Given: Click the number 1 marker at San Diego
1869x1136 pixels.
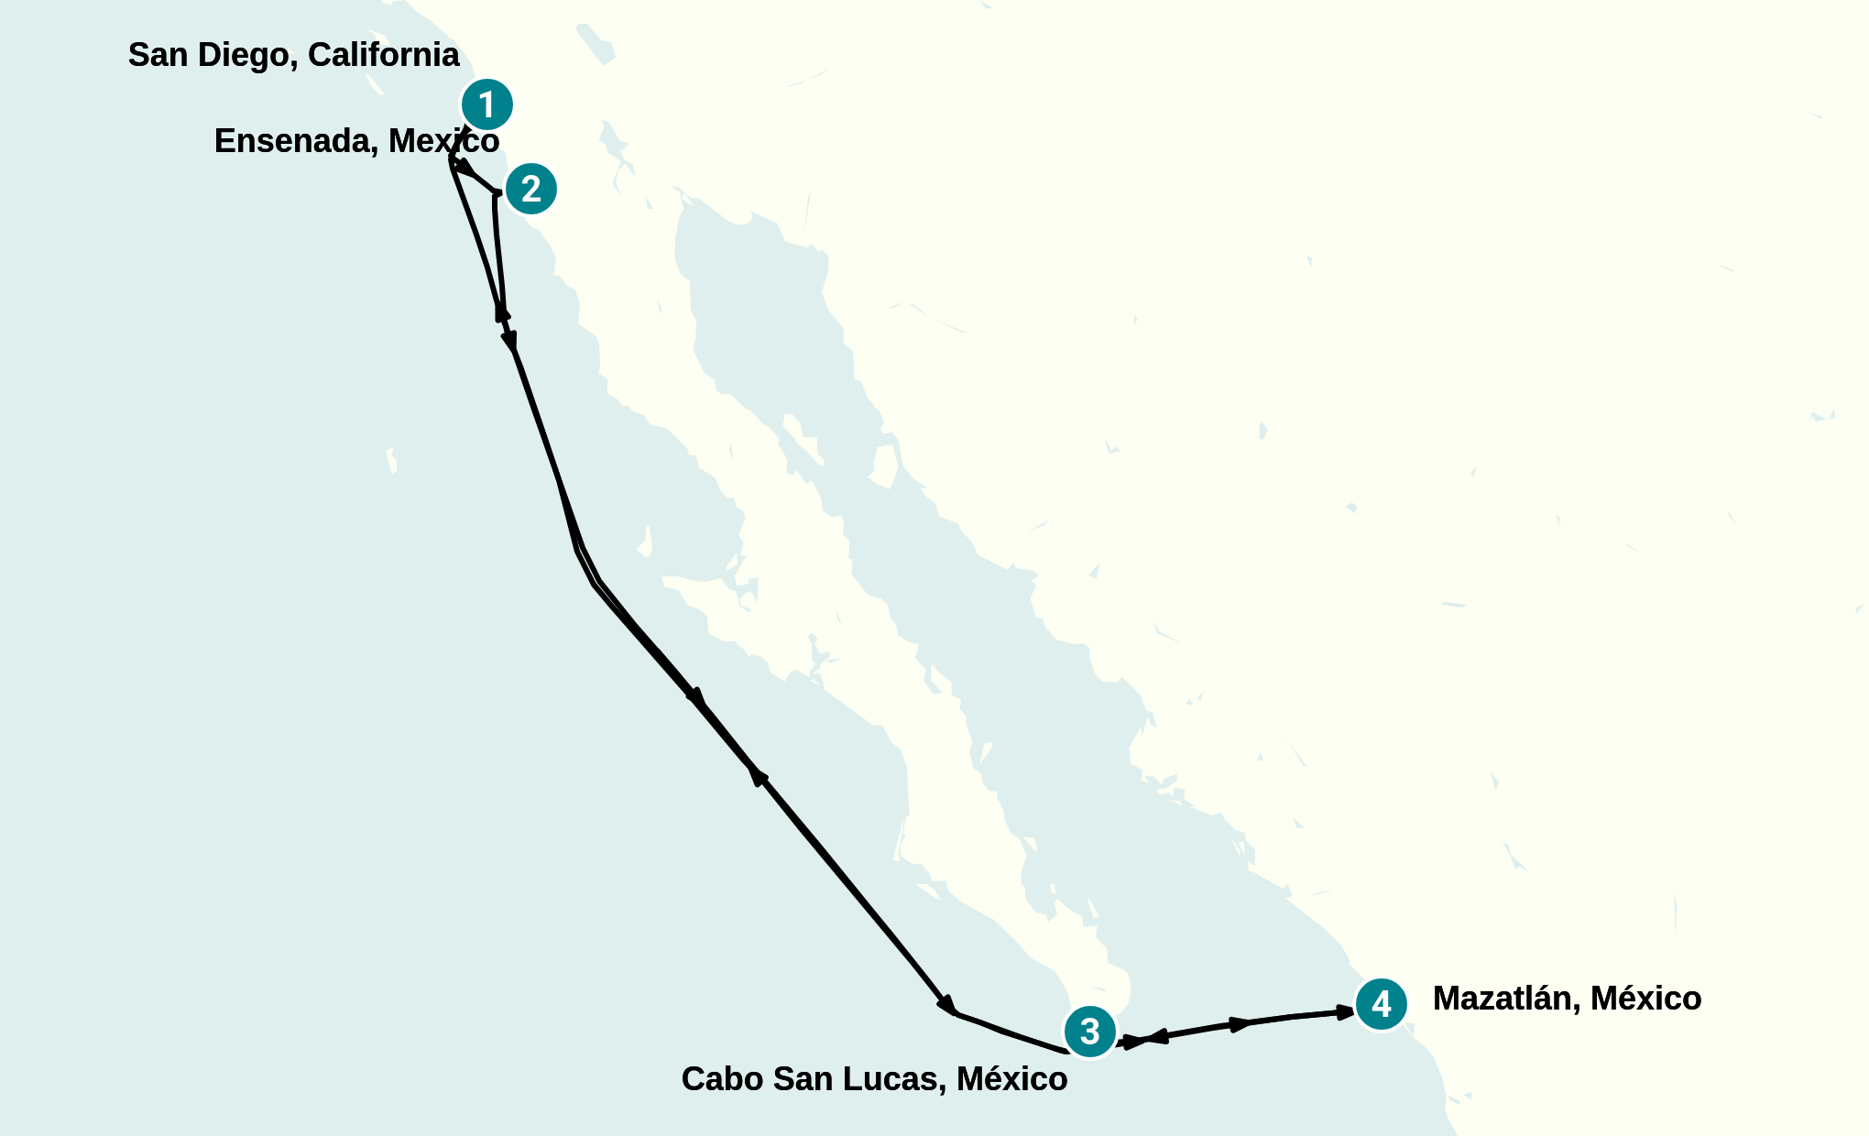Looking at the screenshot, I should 486,104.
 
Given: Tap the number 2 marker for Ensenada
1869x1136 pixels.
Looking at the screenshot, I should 530,189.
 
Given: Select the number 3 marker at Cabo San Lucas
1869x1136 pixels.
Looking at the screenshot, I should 1089,1032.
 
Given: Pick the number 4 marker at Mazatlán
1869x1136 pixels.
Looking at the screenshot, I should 1381,1004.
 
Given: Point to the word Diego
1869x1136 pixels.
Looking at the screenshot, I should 247,55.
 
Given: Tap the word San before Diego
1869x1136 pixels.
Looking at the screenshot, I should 158,55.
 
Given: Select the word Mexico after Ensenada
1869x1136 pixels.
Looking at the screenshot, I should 443,141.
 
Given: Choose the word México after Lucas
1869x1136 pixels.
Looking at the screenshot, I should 1011,1079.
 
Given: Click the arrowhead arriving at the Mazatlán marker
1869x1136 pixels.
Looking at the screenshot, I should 1345,1012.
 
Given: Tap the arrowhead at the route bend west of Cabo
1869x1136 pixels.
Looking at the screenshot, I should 946,1005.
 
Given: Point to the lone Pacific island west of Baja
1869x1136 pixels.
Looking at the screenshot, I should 391,460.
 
